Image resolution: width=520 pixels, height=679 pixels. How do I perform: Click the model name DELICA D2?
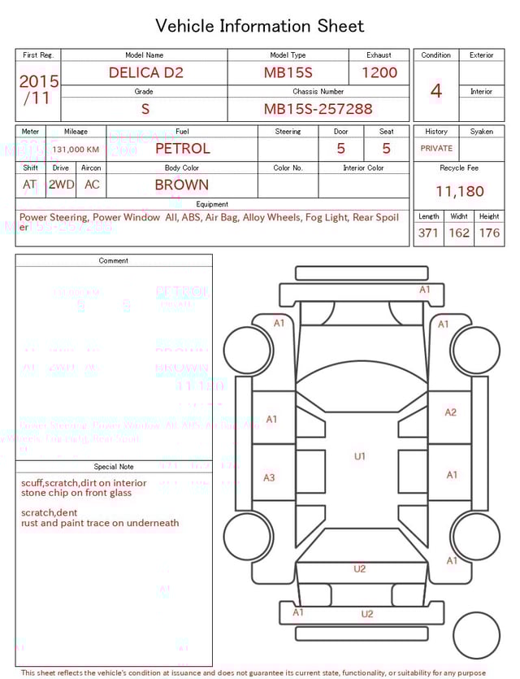146,72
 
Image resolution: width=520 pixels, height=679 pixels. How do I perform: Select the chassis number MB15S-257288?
318,109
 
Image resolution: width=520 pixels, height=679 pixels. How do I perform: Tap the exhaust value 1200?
379,72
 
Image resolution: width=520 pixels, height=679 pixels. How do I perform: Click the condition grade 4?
436,91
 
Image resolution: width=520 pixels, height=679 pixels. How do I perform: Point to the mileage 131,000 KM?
76,150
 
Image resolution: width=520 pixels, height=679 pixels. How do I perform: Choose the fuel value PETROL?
182,149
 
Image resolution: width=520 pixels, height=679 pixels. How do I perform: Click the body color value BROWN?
182,185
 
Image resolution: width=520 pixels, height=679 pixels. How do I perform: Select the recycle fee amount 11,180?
459,192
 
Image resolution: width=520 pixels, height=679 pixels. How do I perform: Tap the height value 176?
489,233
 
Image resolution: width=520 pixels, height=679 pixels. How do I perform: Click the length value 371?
429,233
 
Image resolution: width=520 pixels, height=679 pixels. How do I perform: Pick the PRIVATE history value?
436,149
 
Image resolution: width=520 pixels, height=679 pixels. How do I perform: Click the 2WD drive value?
61,185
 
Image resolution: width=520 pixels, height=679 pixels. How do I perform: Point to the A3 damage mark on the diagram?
269,478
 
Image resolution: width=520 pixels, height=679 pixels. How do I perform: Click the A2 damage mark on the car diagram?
451,412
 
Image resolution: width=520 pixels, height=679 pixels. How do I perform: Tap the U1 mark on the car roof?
360,457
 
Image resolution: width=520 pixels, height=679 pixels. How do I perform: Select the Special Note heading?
114,467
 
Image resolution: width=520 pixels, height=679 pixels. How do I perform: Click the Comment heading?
114,261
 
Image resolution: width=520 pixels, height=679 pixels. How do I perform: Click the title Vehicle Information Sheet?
260,26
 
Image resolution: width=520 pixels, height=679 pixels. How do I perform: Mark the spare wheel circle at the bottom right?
477,636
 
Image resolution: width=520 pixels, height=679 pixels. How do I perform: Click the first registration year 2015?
39,82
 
